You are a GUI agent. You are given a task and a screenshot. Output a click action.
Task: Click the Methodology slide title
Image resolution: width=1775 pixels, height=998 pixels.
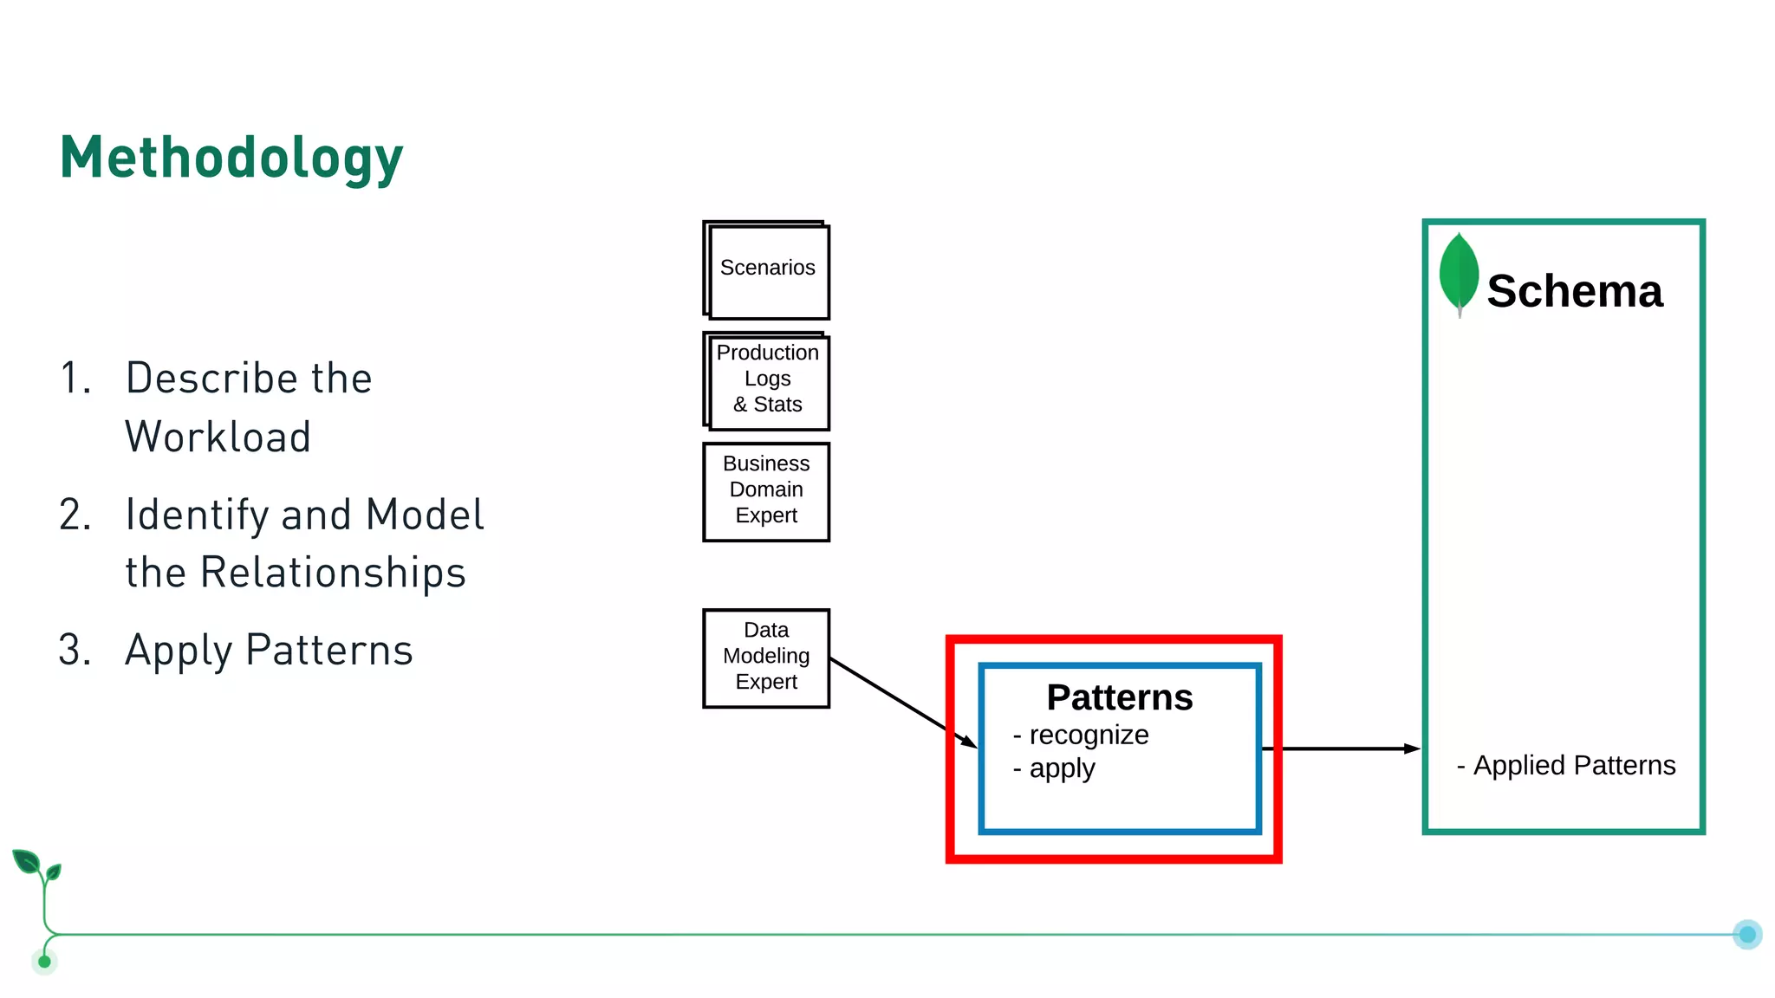(231, 159)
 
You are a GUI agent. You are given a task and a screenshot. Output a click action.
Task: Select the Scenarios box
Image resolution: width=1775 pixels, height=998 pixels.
(767, 270)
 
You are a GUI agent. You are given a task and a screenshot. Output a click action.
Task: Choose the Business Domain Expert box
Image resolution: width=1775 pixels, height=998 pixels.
(766, 490)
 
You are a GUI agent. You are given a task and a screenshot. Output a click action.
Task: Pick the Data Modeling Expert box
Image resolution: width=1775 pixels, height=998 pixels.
(766, 657)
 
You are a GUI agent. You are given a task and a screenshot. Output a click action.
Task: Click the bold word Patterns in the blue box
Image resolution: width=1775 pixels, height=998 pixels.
(1119, 698)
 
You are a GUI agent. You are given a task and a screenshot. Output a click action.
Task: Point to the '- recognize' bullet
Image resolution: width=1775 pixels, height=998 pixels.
(1081, 735)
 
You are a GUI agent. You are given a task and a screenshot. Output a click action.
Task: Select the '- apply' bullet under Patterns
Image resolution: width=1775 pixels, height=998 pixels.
(1054, 768)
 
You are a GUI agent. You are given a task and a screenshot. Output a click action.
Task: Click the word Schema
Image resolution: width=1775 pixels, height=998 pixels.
(1574, 291)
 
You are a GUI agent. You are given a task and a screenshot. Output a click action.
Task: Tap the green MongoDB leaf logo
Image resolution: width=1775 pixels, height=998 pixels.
(1459, 271)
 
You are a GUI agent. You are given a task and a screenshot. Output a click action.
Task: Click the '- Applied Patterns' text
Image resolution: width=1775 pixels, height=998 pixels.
(1566, 765)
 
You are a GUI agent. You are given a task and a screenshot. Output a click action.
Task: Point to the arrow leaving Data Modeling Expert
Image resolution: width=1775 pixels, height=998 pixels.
(901, 701)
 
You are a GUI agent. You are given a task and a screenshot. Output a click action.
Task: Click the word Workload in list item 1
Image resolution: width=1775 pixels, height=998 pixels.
(218, 437)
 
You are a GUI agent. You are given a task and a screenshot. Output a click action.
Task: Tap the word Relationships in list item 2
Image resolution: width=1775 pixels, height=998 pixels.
(333, 573)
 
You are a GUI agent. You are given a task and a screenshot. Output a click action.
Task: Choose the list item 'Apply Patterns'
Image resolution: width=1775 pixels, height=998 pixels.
(269, 650)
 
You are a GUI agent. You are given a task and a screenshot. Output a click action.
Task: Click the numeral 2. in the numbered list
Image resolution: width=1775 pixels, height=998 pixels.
(75, 515)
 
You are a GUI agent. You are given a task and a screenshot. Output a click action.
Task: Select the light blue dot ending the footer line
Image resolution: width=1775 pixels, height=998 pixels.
(1747, 934)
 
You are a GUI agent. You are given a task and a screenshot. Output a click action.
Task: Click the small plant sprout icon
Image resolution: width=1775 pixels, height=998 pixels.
(36, 866)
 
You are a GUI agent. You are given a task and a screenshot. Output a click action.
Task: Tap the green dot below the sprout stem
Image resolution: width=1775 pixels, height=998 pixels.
(44, 962)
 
